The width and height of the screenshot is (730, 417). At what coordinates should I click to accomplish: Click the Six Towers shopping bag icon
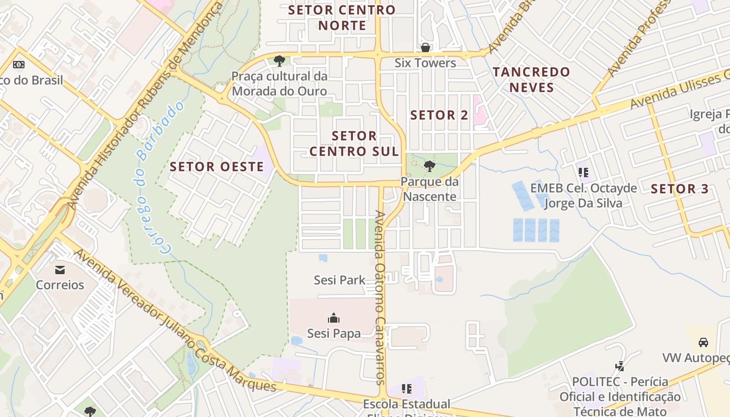click(x=425, y=47)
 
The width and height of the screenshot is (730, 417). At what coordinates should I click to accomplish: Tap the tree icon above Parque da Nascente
click(x=430, y=166)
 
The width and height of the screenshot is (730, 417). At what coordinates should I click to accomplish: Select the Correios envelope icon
click(x=60, y=269)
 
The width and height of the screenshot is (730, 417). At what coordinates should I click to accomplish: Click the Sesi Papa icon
click(x=334, y=317)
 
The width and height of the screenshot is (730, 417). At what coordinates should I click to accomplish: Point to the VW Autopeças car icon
click(x=703, y=342)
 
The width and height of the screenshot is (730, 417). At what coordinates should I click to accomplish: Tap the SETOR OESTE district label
click(x=217, y=167)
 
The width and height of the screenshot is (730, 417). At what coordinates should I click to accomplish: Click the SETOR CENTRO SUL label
click(x=354, y=143)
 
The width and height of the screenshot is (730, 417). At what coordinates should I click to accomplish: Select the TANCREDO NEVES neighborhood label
click(x=531, y=79)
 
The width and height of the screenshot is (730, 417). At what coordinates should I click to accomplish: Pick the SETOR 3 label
click(x=680, y=189)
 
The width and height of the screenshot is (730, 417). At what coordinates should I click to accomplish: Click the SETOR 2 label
click(x=439, y=115)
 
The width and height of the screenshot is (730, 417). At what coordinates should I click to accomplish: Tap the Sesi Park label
click(x=339, y=280)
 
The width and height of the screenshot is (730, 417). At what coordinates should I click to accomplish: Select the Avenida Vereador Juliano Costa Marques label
click(x=175, y=321)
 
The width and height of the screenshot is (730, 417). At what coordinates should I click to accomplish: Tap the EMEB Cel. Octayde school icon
click(x=583, y=171)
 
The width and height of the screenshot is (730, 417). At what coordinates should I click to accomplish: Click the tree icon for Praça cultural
click(x=279, y=61)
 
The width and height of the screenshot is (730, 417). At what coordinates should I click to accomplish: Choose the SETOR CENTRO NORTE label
click(x=342, y=17)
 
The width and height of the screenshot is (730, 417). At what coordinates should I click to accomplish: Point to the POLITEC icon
click(x=619, y=366)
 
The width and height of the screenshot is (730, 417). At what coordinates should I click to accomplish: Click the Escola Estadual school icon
click(x=407, y=389)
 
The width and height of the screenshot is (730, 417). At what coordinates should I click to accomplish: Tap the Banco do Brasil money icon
click(x=19, y=65)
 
